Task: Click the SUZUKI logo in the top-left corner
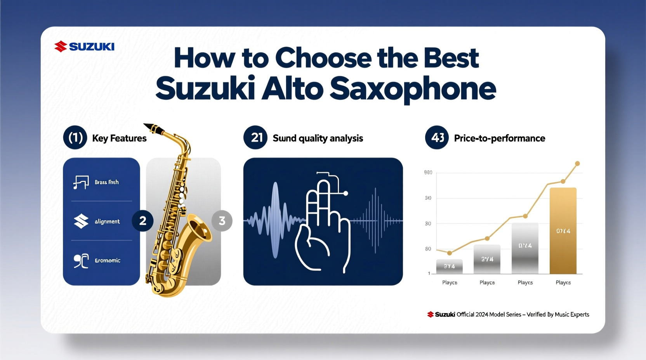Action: [x=84, y=47]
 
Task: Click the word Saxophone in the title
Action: [x=413, y=89]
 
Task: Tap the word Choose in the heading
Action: [x=323, y=58]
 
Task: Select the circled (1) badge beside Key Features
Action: [x=75, y=138]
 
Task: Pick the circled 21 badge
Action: [x=255, y=138]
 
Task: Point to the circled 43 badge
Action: [x=437, y=138]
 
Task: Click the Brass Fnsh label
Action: [x=106, y=182]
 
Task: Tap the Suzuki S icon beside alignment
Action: [x=81, y=221]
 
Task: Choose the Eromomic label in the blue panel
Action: [x=108, y=260]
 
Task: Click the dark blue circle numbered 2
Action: [x=142, y=221]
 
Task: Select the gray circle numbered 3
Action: [x=222, y=221]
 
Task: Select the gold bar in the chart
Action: [x=563, y=231]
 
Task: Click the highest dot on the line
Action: [x=577, y=164]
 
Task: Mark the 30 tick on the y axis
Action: [x=428, y=224]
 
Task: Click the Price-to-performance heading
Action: [x=499, y=138]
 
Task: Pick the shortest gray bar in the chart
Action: [x=449, y=267]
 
